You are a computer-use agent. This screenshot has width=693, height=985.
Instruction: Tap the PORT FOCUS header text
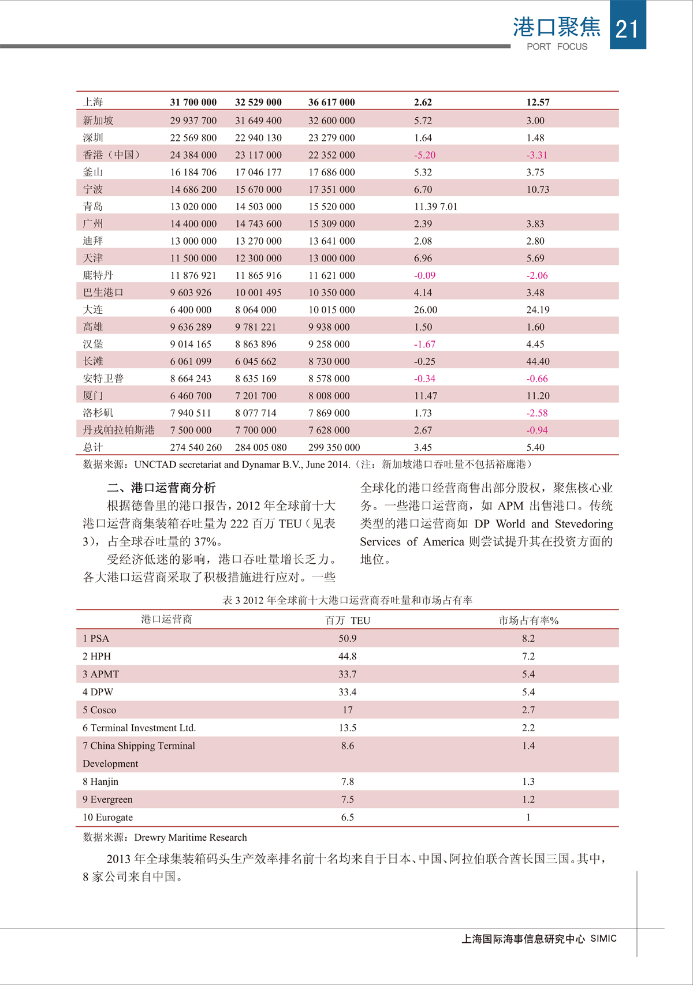(x=557, y=47)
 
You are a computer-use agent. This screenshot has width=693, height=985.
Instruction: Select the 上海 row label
(x=93, y=102)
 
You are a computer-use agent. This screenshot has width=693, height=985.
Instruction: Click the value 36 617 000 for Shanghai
(x=331, y=102)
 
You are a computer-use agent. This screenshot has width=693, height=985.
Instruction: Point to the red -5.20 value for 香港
(x=424, y=155)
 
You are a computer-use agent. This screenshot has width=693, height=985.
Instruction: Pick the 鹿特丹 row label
(x=98, y=275)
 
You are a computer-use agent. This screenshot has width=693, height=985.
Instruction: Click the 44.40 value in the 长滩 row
(x=538, y=361)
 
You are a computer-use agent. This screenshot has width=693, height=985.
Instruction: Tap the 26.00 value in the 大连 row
(x=426, y=310)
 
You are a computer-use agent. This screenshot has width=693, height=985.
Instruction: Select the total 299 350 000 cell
(x=334, y=447)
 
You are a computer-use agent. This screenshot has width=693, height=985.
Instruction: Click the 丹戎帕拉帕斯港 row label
(x=119, y=430)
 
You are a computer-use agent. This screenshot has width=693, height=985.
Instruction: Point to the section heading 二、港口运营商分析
(x=162, y=488)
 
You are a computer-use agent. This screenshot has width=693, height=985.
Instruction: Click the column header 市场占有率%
(x=528, y=620)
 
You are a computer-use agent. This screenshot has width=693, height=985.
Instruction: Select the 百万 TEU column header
(x=348, y=620)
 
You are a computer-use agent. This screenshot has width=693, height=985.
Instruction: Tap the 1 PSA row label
(x=96, y=638)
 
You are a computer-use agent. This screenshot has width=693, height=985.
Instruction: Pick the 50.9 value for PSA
(x=348, y=638)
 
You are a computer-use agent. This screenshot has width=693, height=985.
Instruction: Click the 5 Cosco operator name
(x=99, y=710)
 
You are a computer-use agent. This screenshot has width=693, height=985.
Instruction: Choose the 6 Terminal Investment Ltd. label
(x=139, y=728)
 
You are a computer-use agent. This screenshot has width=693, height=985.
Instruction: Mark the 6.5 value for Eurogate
(x=348, y=817)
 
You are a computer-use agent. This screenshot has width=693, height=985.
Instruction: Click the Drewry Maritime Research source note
(x=191, y=837)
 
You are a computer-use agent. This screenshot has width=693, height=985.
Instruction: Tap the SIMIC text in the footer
(x=603, y=939)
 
